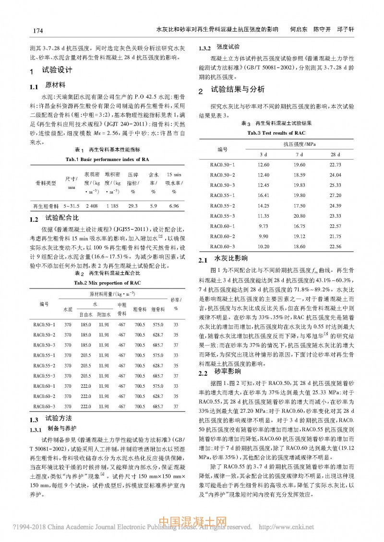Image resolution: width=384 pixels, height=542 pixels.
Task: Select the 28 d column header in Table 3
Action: (x=335, y=154)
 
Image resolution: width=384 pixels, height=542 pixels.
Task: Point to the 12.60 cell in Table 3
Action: (x=263, y=164)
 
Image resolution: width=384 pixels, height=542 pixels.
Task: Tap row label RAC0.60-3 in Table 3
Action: (x=223, y=246)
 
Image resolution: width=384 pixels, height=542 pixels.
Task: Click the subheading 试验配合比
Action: (x=62, y=219)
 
